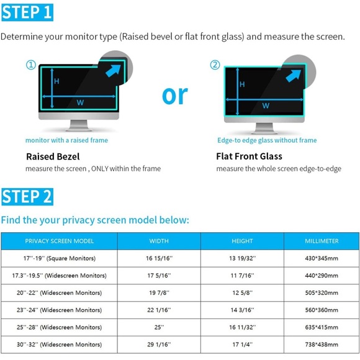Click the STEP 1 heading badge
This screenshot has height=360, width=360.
pos(27,12)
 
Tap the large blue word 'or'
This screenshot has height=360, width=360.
pos(175,94)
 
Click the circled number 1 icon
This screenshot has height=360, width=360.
pos(30,65)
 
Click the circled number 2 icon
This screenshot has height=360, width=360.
pos(215,65)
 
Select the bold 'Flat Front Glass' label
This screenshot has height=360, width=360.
pos(249,156)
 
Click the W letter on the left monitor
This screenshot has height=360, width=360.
pos(80,103)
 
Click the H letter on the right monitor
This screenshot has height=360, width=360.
pos(242,84)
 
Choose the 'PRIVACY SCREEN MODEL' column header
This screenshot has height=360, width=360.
pos(60,241)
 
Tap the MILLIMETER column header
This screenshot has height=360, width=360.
pos(322,241)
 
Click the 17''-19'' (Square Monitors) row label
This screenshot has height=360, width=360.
pos(60,258)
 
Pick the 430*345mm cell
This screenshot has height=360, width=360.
pos(322,258)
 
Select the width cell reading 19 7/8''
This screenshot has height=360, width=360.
pos(159,293)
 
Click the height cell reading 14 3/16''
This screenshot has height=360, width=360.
pos(242,310)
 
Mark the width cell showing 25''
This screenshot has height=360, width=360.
pos(159,327)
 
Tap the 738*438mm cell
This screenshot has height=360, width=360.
pos(322,344)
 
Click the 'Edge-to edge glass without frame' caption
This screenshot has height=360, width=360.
pos(267,140)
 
